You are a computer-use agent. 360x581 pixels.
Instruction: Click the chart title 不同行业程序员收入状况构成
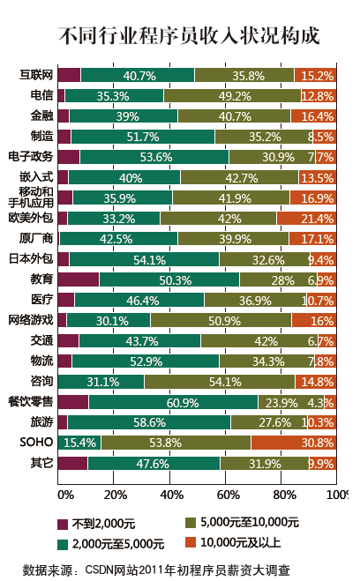[x=188, y=35]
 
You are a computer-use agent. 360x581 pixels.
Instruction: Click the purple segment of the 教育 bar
[x=79, y=279]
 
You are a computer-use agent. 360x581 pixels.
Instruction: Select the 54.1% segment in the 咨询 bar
[x=220, y=382]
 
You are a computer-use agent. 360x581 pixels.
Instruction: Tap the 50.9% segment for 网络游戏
[x=221, y=320]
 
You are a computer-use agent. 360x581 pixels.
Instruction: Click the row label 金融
[x=41, y=115]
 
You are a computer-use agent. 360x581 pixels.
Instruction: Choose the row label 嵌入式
[x=37, y=176]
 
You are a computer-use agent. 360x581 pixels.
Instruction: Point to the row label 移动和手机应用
[x=31, y=197]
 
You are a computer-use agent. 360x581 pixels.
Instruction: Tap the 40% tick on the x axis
[x=169, y=495]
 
